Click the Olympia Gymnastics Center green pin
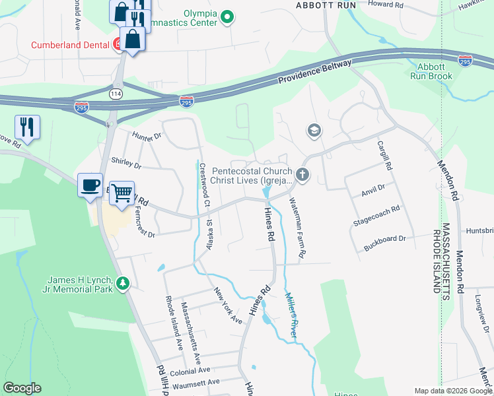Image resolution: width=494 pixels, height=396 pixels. pyautogui.click(x=227, y=16)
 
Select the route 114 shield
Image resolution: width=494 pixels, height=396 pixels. pyautogui.click(x=116, y=94)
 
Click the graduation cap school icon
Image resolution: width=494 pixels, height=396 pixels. pyautogui.click(x=314, y=131)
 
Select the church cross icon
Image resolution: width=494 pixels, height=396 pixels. pyautogui.click(x=302, y=175)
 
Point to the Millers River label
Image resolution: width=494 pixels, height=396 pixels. pyautogui.click(x=291, y=313)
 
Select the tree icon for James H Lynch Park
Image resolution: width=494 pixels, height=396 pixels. pyautogui.click(x=122, y=284)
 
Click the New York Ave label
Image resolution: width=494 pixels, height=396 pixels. pyautogui.click(x=227, y=305)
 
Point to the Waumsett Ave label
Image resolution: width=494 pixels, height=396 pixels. pyautogui.click(x=195, y=382)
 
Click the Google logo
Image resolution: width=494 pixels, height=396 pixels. pyautogui.click(x=22, y=388)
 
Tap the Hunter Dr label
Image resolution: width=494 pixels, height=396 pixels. pyautogui.click(x=147, y=137)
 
